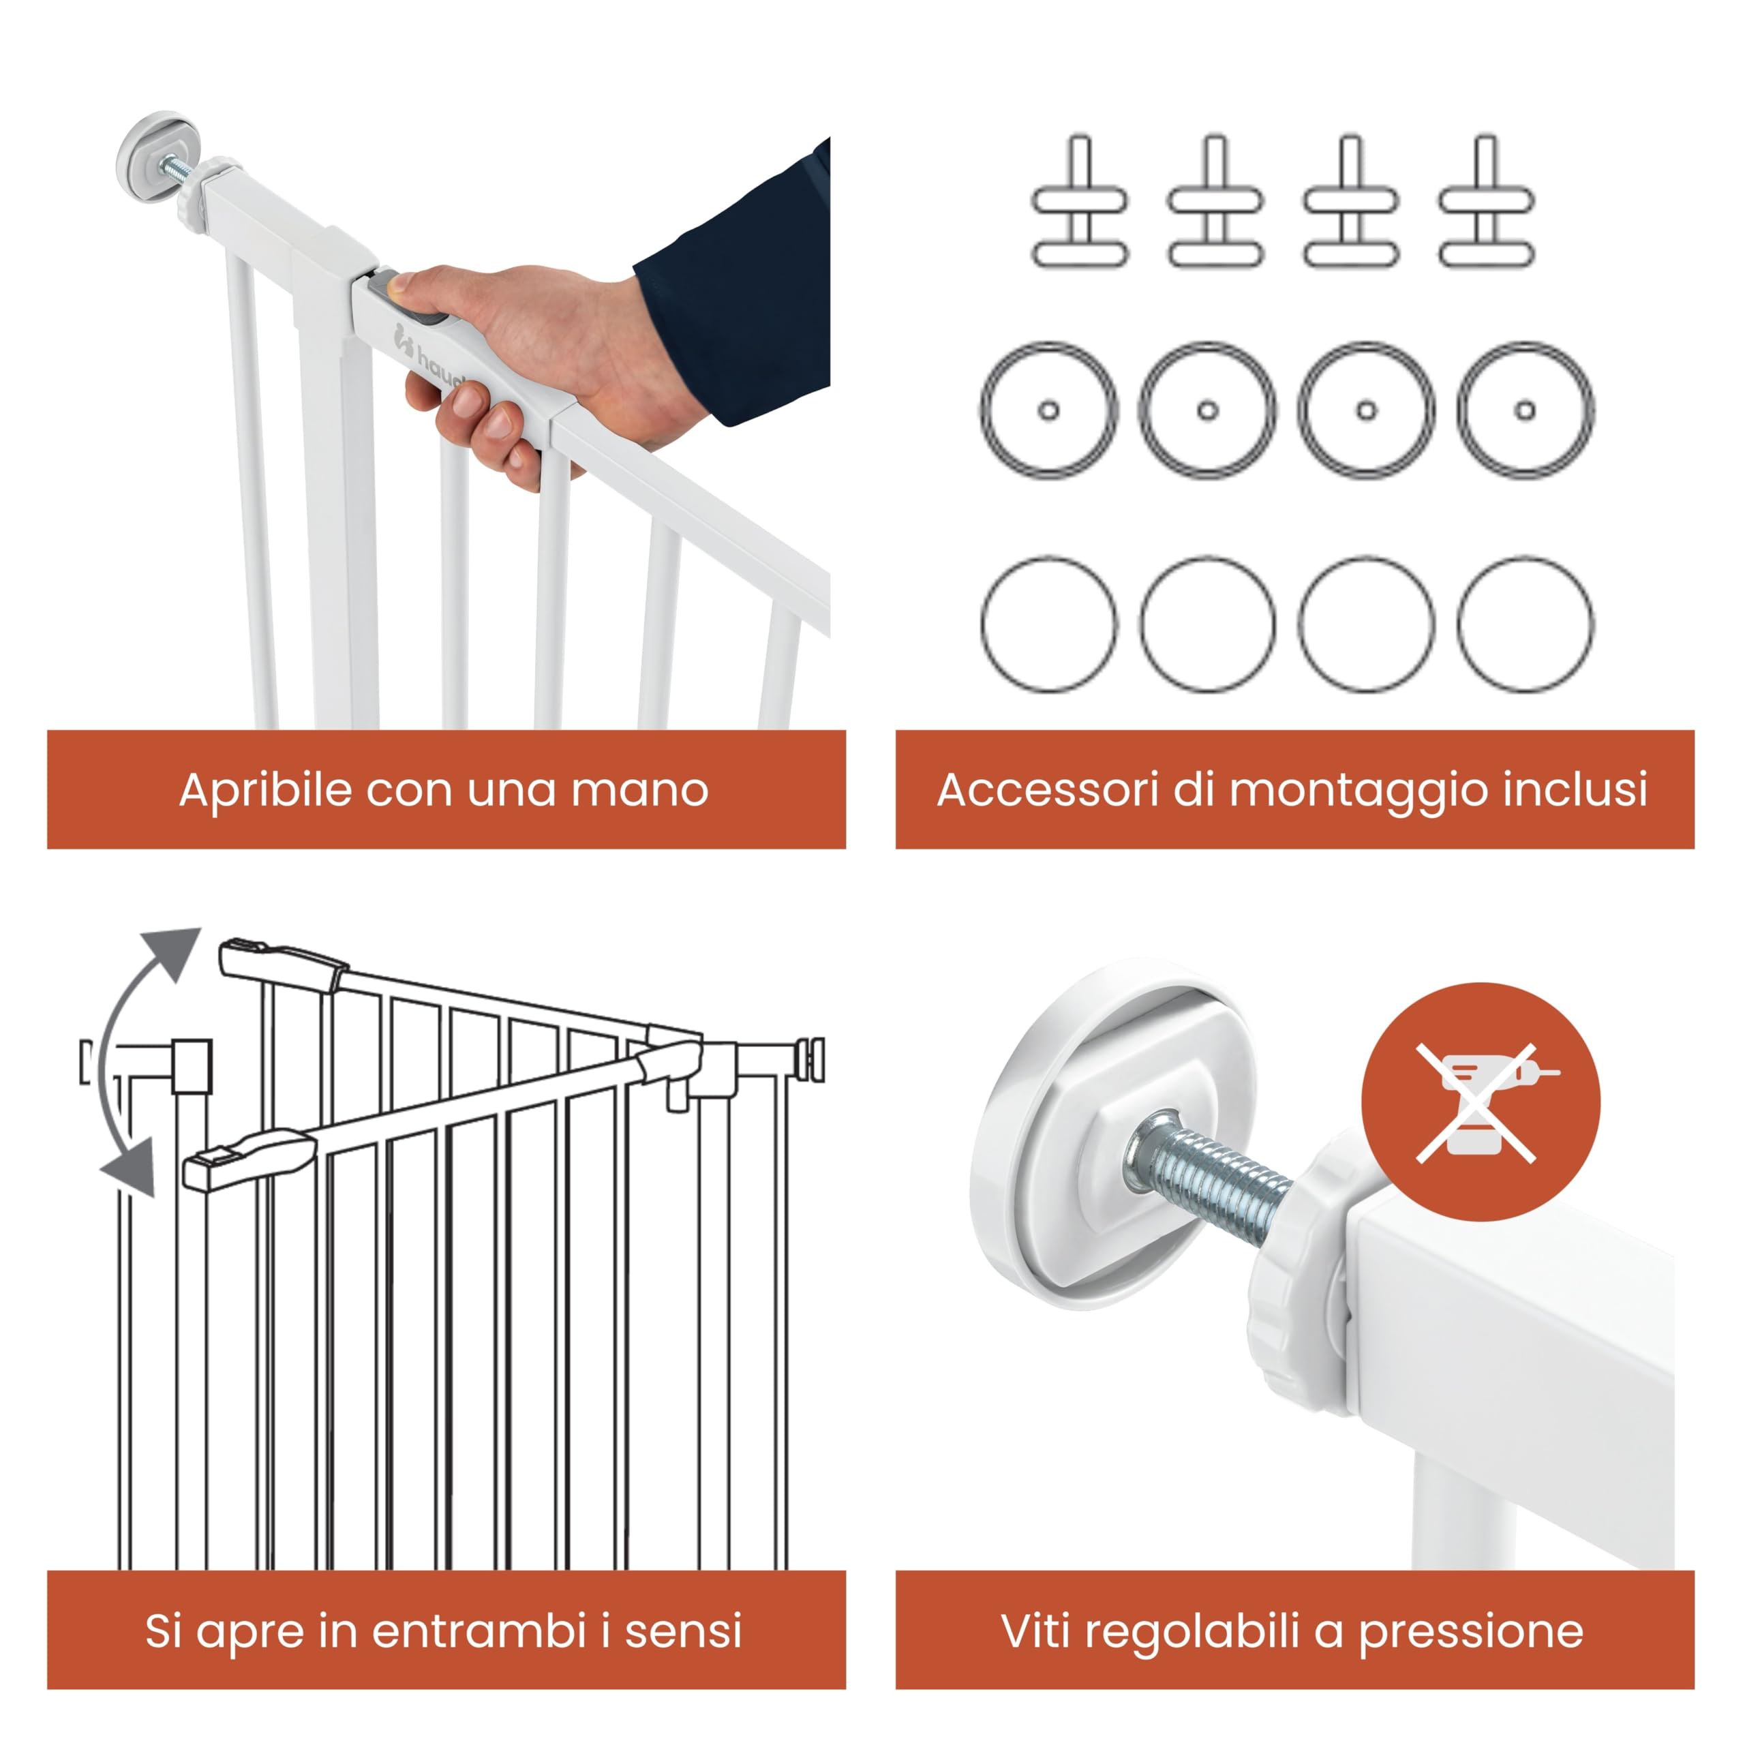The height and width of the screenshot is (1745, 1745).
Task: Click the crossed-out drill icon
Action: [1481, 1103]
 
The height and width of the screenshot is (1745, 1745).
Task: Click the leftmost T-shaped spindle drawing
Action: [1080, 202]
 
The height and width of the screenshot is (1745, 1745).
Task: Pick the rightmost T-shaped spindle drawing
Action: [1487, 202]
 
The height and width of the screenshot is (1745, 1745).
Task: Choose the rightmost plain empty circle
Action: [1525, 625]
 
